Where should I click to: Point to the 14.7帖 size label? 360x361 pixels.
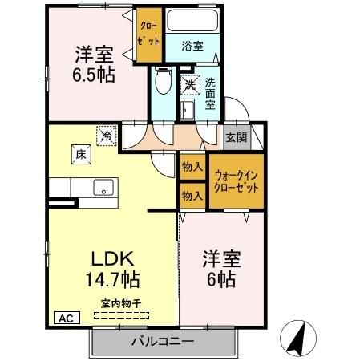(x=111, y=280)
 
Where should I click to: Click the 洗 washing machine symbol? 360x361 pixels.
(x=189, y=83)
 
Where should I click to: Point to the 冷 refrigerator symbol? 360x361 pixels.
(x=106, y=136)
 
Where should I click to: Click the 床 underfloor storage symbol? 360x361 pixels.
(x=81, y=152)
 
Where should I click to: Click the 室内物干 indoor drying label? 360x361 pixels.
(x=119, y=302)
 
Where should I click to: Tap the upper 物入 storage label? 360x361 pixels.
(x=191, y=167)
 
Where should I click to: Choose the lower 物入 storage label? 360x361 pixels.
(x=191, y=195)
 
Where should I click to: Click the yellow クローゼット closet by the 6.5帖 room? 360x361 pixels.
(x=148, y=34)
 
